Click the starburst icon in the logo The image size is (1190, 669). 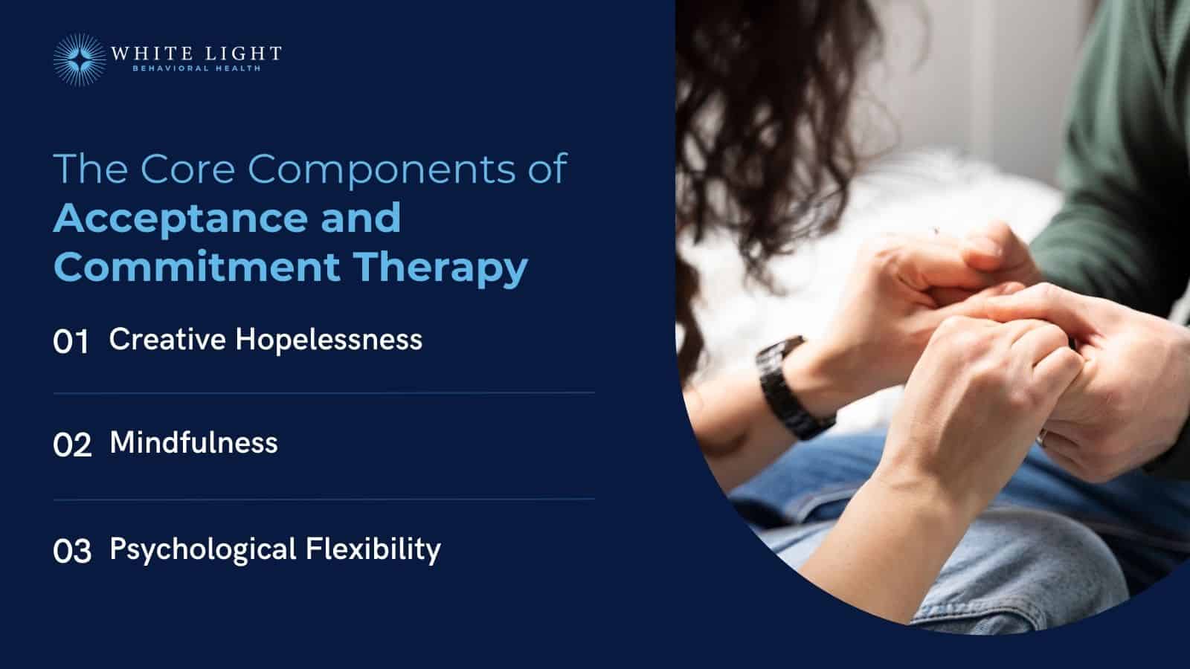[x=79, y=59]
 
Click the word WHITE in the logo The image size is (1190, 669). [x=143, y=54]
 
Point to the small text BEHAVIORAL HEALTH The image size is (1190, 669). [x=196, y=69]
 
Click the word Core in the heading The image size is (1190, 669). [x=187, y=169]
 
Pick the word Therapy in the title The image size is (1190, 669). [x=440, y=268]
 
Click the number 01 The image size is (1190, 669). [x=71, y=342]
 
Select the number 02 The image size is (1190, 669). [x=72, y=445]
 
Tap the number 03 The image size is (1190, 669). [x=72, y=552]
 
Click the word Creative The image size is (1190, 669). [x=167, y=340]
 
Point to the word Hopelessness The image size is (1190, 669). [x=329, y=340]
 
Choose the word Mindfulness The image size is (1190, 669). [x=193, y=443]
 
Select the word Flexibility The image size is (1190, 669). [x=373, y=549]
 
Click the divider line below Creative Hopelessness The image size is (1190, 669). [x=324, y=393]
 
